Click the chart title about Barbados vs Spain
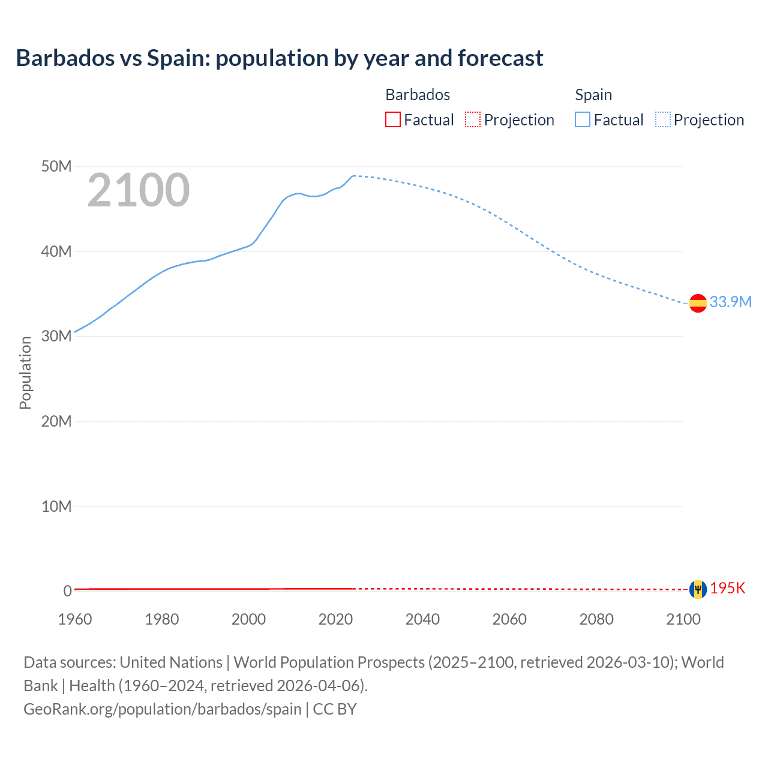280,58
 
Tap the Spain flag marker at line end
698,303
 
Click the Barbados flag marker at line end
698,589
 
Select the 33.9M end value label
730,302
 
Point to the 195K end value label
727,589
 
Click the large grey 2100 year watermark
139,190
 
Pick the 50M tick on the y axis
56,166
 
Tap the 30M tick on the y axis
56,336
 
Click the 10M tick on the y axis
56,506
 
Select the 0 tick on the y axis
67,591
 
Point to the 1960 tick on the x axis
75,619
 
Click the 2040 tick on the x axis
422,619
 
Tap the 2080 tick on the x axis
596,619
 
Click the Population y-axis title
25,373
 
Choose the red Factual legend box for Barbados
393,120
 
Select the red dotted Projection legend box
473,120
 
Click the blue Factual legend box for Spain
583,120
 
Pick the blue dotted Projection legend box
663,120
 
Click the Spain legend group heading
593,95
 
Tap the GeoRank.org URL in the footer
163,709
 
